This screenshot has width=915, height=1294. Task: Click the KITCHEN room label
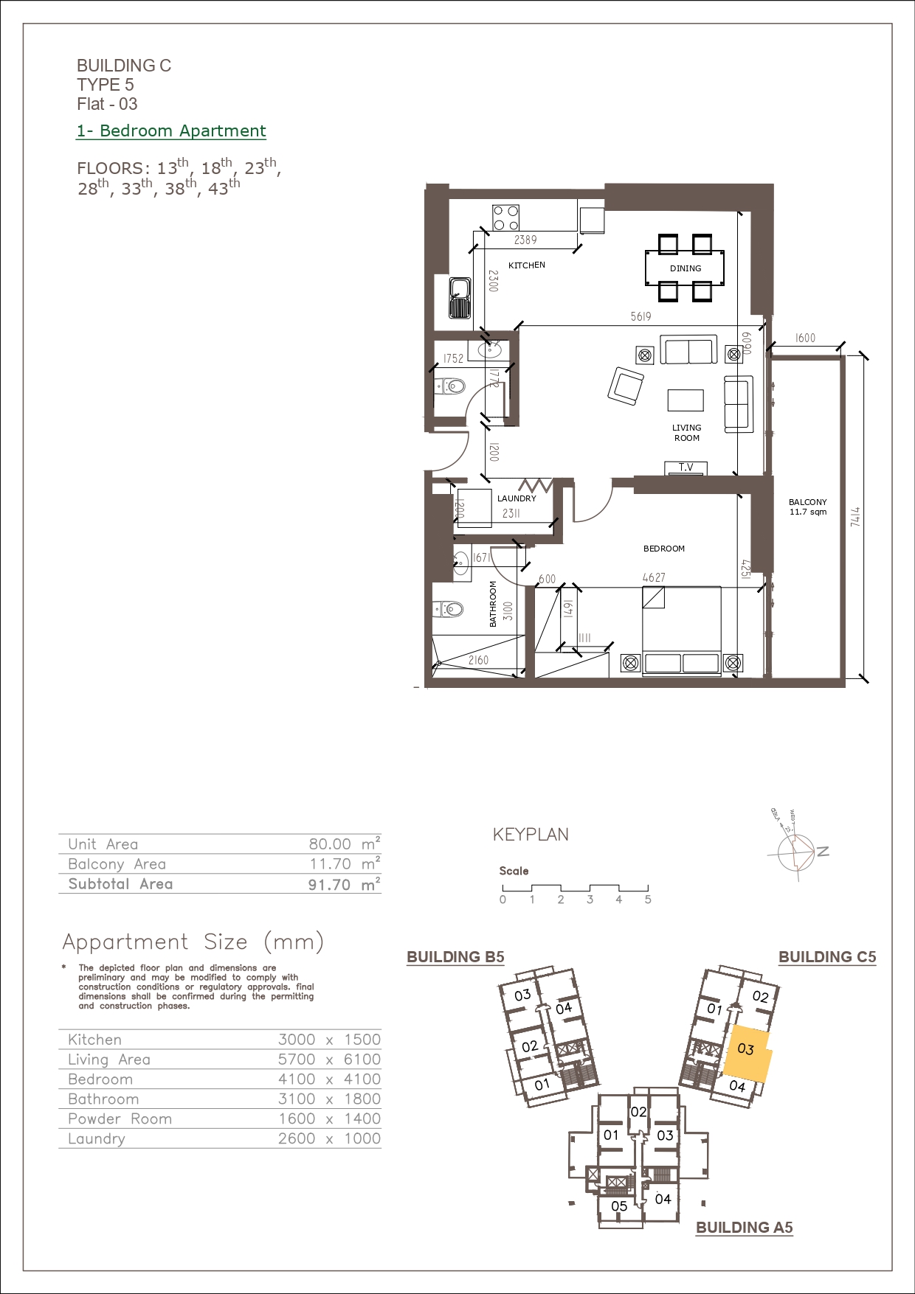pyautogui.click(x=527, y=265)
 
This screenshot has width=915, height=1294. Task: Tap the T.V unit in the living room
pyautogui.click(x=686, y=467)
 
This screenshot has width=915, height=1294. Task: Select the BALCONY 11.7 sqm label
pyautogui.click(x=808, y=507)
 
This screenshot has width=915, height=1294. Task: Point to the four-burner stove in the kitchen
pyautogui.click(x=506, y=218)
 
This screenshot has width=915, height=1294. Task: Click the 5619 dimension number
pyautogui.click(x=640, y=316)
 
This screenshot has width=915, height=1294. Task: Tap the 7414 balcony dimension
pyautogui.click(x=855, y=516)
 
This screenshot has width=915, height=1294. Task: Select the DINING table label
pyautogui.click(x=686, y=268)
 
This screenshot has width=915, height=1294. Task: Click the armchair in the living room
pyautogui.click(x=626, y=386)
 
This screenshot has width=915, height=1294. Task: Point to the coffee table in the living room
pyautogui.click(x=686, y=400)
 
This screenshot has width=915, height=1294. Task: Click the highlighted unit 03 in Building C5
pyautogui.click(x=747, y=1053)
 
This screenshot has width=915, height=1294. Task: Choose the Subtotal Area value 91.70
pyautogui.click(x=329, y=884)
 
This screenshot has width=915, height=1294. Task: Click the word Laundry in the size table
pyautogui.click(x=97, y=1138)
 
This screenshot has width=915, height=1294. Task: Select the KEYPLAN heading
pyautogui.click(x=531, y=835)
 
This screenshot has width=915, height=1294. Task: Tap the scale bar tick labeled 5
pyautogui.click(x=648, y=900)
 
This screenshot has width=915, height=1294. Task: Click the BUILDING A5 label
pyautogui.click(x=745, y=1228)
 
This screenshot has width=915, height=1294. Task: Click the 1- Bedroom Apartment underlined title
pyautogui.click(x=171, y=131)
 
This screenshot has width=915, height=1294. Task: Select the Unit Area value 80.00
pyautogui.click(x=330, y=844)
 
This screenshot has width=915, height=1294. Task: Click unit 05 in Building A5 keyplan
pyautogui.click(x=619, y=1206)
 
